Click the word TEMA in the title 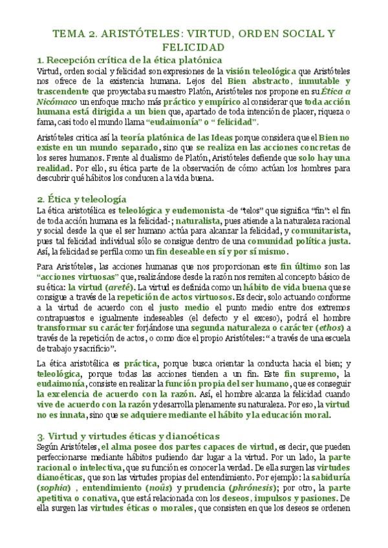[65, 34]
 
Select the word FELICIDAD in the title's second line [194, 48]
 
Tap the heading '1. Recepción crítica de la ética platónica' [130, 61]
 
